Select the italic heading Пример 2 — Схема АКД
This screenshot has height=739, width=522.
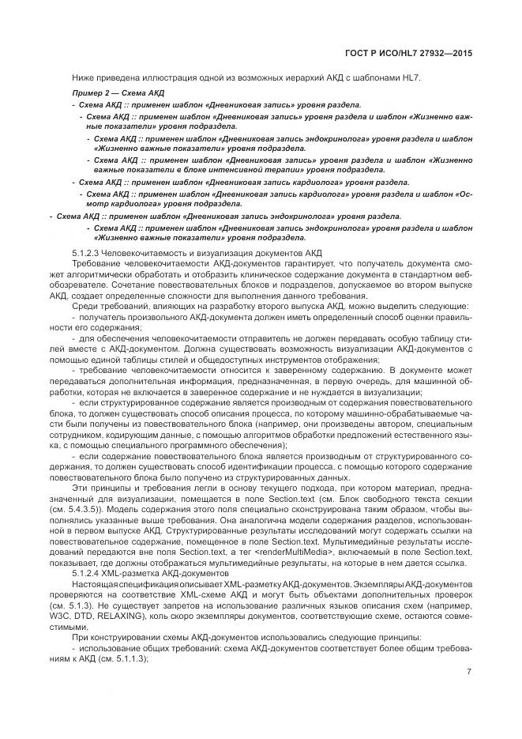pyautogui.click(x=108, y=94)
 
